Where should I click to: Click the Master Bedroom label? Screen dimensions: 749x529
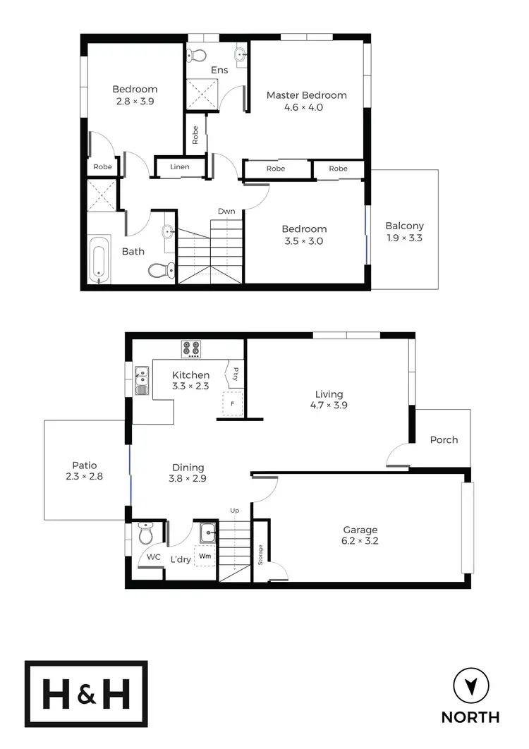click(x=306, y=95)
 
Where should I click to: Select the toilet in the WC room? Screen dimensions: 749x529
click(x=146, y=534)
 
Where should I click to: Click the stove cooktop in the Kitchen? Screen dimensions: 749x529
click(x=191, y=349)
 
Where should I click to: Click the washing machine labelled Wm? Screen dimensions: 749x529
click(x=205, y=556)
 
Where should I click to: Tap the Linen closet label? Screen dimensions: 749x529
click(x=180, y=167)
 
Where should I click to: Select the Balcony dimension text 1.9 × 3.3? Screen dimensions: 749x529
click(x=404, y=238)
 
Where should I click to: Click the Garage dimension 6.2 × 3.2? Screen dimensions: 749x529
click(x=360, y=542)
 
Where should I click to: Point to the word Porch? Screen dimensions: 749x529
click(x=444, y=439)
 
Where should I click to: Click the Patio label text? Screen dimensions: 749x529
click(x=85, y=465)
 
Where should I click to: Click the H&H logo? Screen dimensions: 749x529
click(x=87, y=694)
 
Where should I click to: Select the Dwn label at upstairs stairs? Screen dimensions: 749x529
click(x=226, y=211)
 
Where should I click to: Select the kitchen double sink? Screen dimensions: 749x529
click(x=141, y=380)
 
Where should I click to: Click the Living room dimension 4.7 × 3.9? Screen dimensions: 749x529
click(x=329, y=406)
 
